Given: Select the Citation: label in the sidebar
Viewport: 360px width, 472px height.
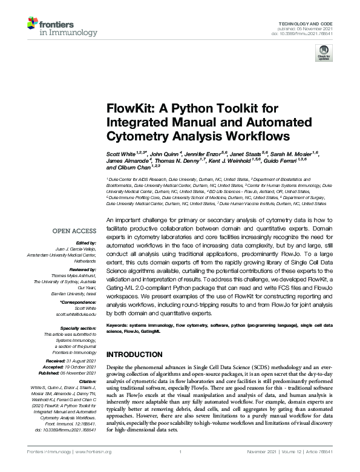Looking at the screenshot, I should (87, 382).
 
